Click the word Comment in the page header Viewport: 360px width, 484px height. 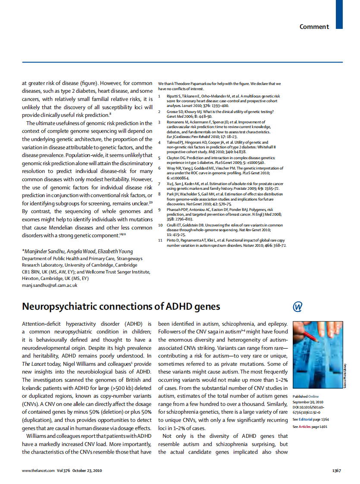click(x=314, y=27)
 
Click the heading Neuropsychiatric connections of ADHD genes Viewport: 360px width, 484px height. click(x=121, y=307)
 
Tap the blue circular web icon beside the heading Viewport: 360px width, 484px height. click(x=297, y=307)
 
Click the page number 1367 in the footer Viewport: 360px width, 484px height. click(x=337, y=471)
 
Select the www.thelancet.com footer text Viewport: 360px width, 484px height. click(x=38, y=471)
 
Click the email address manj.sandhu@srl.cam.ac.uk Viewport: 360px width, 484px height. click(x=49, y=285)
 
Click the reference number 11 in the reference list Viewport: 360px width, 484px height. click(x=160, y=239)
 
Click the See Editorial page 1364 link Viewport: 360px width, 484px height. click(x=310, y=419)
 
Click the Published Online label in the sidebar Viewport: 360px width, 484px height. click(x=306, y=396)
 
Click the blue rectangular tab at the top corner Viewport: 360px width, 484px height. click(x=339, y=14)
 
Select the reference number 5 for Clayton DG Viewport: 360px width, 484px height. click(x=160, y=158)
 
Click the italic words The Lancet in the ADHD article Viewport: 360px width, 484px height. click(x=35, y=364)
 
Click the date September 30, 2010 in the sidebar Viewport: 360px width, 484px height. click(x=308, y=402)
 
